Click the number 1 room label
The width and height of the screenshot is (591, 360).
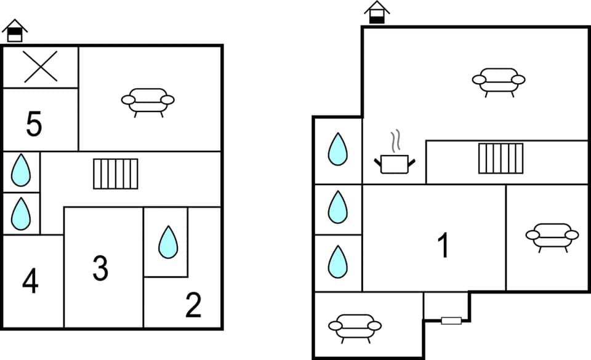(x=443, y=246)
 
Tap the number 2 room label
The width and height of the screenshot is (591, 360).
(x=193, y=306)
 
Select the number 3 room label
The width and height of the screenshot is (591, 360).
(x=100, y=268)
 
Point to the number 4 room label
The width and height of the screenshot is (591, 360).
(x=30, y=282)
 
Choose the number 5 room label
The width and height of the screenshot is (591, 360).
(x=34, y=125)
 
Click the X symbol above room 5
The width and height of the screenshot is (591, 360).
(x=41, y=66)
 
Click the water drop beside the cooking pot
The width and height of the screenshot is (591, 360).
(x=337, y=150)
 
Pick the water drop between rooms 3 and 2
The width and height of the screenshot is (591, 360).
(x=167, y=242)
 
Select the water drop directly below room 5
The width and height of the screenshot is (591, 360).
(x=21, y=170)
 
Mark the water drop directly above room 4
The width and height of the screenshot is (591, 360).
(x=21, y=214)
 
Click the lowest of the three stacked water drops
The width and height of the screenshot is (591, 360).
(x=337, y=262)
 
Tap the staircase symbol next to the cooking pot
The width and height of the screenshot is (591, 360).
(x=501, y=158)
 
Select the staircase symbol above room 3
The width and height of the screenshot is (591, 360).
(x=116, y=174)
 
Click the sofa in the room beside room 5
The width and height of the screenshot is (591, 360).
(x=148, y=100)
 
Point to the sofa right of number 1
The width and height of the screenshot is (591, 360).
(x=552, y=236)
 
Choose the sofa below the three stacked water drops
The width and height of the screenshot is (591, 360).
(x=355, y=327)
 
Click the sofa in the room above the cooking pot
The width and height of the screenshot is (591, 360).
(x=499, y=81)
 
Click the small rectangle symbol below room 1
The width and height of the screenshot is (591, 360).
(x=451, y=320)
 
